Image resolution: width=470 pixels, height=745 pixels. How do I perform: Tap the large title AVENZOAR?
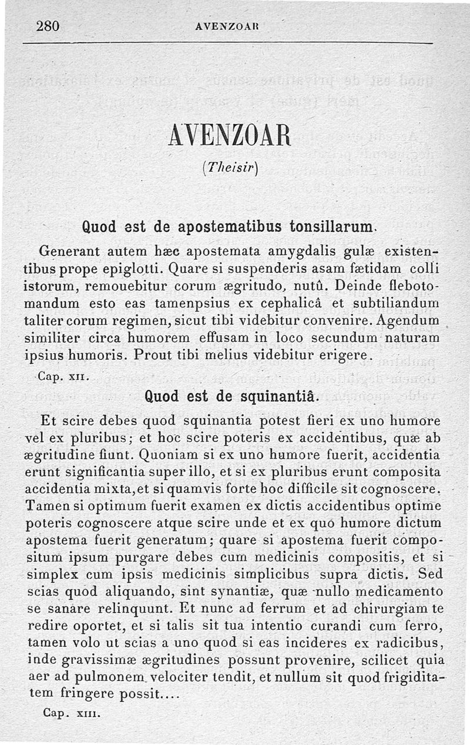[230, 137]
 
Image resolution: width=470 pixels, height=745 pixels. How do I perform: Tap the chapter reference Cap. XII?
[63, 377]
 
